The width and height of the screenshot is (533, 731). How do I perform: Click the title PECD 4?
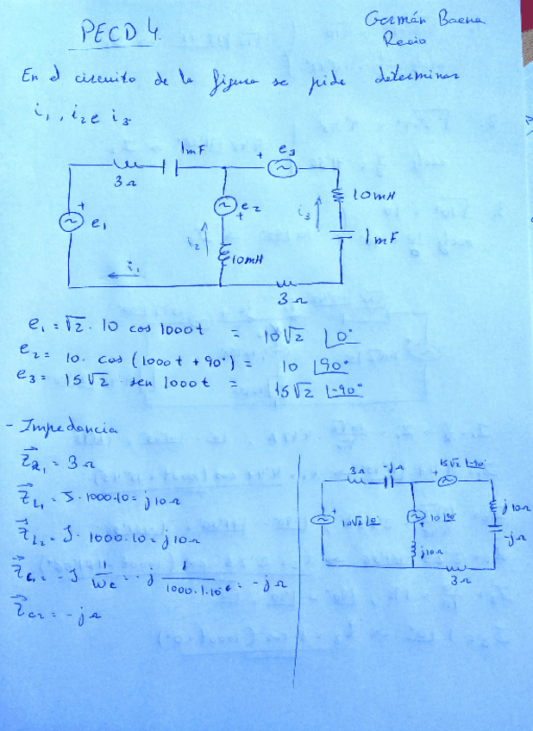[120, 34]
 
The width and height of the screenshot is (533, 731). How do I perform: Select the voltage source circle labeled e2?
[226, 207]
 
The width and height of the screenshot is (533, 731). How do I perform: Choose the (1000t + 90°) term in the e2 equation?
[181, 354]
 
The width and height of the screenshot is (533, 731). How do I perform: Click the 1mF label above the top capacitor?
[190, 150]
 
